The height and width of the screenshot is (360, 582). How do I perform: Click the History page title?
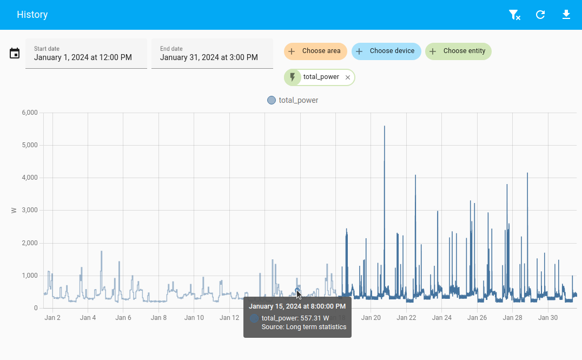pyautogui.click(x=32, y=15)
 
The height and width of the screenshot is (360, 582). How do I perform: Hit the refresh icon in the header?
pyautogui.click(x=540, y=15)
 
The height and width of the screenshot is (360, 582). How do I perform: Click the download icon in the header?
pyautogui.click(x=566, y=15)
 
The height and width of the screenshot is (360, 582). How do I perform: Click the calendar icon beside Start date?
pyautogui.click(x=15, y=53)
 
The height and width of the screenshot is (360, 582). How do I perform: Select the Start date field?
pyautogui.click(x=86, y=54)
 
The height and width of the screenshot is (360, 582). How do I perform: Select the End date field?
pyautogui.click(x=212, y=54)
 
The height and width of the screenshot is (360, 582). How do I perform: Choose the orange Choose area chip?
pyautogui.click(x=315, y=51)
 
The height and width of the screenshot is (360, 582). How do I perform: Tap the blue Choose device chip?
pyautogui.click(x=386, y=51)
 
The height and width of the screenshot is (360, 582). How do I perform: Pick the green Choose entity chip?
pyautogui.click(x=458, y=51)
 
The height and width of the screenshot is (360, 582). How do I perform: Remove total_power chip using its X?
pyautogui.click(x=348, y=77)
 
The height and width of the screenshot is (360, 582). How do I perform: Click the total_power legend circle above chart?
pyautogui.click(x=272, y=100)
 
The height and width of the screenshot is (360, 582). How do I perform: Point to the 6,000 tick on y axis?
pyautogui.click(x=29, y=113)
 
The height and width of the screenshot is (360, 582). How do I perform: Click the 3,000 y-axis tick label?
pyautogui.click(x=29, y=210)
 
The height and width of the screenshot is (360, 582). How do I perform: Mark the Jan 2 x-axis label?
pyautogui.click(x=52, y=318)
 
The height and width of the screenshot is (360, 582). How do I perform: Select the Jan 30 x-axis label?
pyautogui.click(x=548, y=318)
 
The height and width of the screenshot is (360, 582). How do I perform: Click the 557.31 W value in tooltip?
pyautogui.click(x=314, y=318)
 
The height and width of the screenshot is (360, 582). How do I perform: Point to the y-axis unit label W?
pyautogui.click(x=14, y=210)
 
